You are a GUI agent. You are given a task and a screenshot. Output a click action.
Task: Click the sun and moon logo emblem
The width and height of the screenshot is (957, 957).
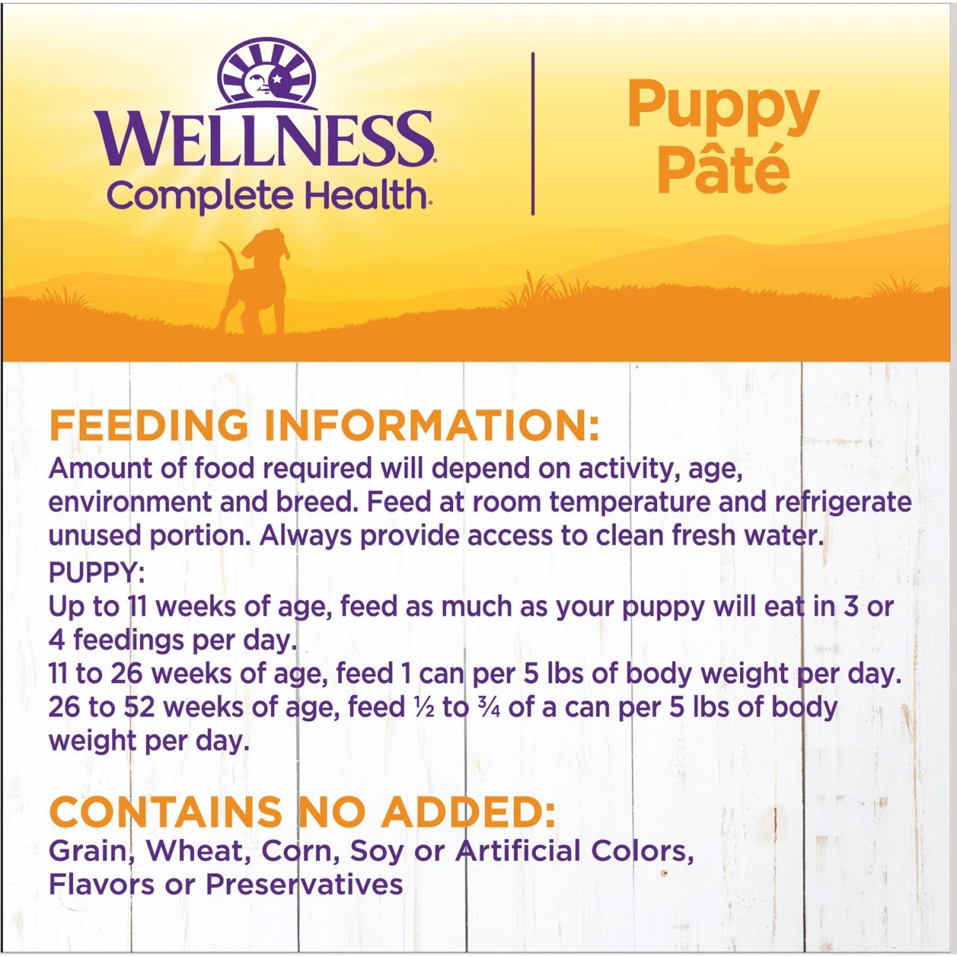pyautogui.click(x=267, y=71)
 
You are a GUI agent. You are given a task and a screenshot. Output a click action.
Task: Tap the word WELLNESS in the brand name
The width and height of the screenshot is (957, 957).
pyautogui.click(x=265, y=139)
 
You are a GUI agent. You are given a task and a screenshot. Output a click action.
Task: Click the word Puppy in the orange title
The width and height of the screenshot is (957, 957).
pyautogui.click(x=723, y=105)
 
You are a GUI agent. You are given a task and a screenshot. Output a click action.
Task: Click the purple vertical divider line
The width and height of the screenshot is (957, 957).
pyautogui.click(x=533, y=134)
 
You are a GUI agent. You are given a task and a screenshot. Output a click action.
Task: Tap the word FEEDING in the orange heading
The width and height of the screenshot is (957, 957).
pyautogui.click(x=149, y=426)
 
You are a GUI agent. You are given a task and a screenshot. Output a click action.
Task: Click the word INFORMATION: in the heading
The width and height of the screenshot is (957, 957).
pyautogui.click(x=433, y=426)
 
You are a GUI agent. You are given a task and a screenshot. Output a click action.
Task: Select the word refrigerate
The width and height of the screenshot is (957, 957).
pyautogui.click(x=843, y=502)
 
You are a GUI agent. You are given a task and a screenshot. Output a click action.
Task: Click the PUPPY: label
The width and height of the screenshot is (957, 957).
pyautogui.click(x=96, y=572)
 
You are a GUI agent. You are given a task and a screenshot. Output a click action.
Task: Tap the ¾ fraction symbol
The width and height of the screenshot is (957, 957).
pyautogui.click(x=489, y=708)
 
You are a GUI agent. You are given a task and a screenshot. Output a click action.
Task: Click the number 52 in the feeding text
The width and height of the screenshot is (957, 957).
pyautogui.click(x=139, y=708)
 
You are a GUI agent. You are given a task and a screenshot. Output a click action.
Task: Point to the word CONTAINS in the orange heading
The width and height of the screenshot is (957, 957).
pyautogui.click(x=165, y=812)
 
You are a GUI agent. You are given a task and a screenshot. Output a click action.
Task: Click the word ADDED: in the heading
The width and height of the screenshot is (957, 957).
pyautogui.click(x=468, y=812)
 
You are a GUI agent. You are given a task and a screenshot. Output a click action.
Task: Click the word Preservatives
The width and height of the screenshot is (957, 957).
pyautogui.click(x=304, y=884)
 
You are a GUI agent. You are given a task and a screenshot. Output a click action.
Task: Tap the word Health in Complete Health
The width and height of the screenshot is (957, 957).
pyautogui.click(x=366, y=195)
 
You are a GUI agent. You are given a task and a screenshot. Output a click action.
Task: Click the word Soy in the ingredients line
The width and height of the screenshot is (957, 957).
pyautogui.click(x=377, y=852)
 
